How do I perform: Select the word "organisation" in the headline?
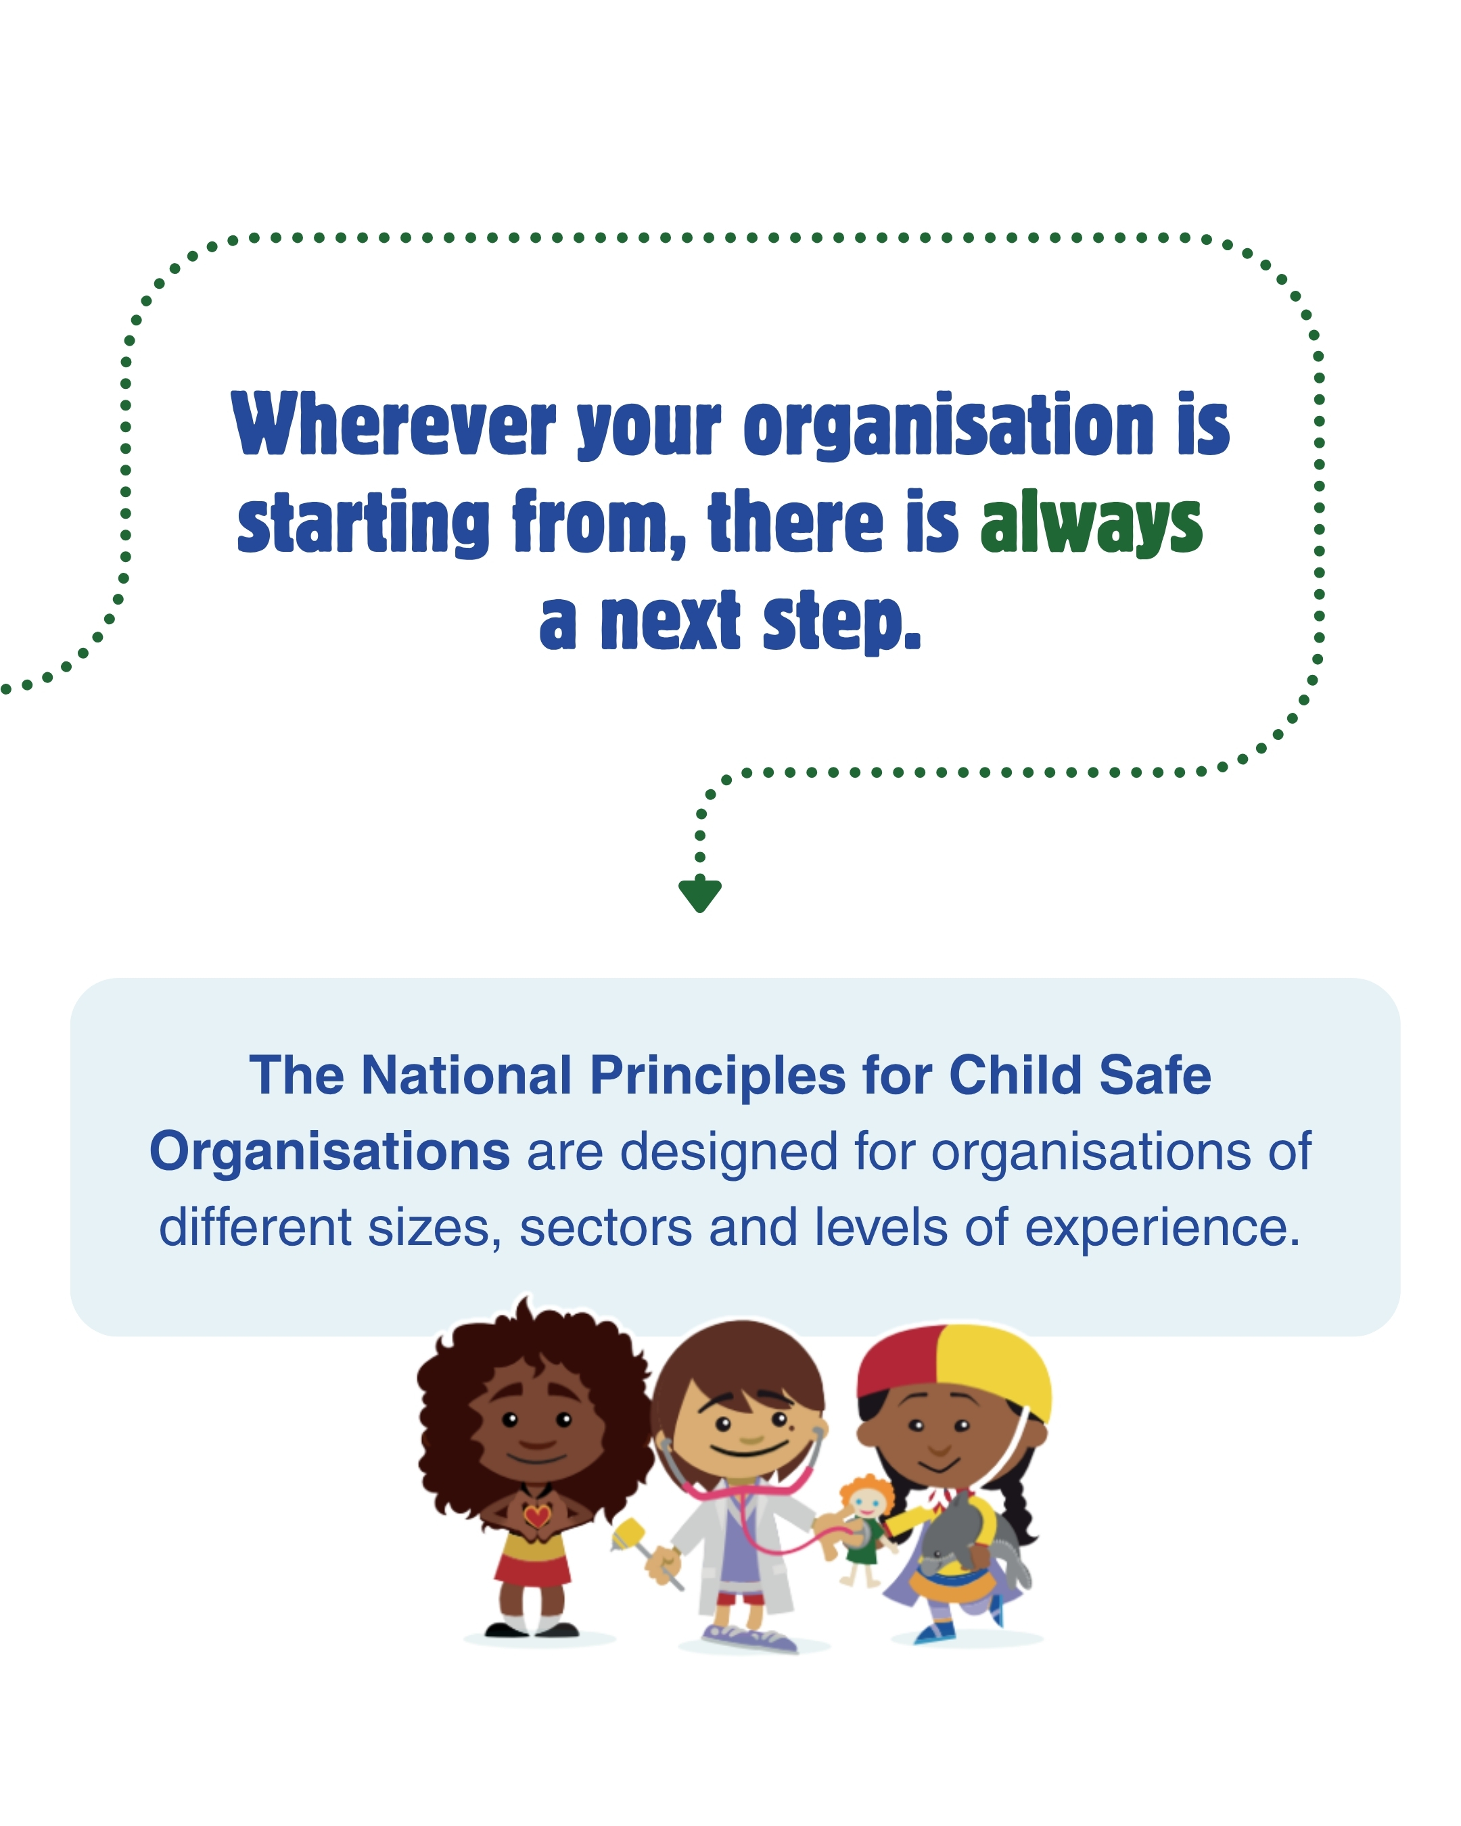pos(948,427)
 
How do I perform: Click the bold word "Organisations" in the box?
pos(329,1152)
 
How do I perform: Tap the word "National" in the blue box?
pos(467,1075)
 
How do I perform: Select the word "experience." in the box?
pos(1162,1229)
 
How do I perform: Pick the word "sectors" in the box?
pos(605,1227)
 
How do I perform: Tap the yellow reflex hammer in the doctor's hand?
pos(629,1533)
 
